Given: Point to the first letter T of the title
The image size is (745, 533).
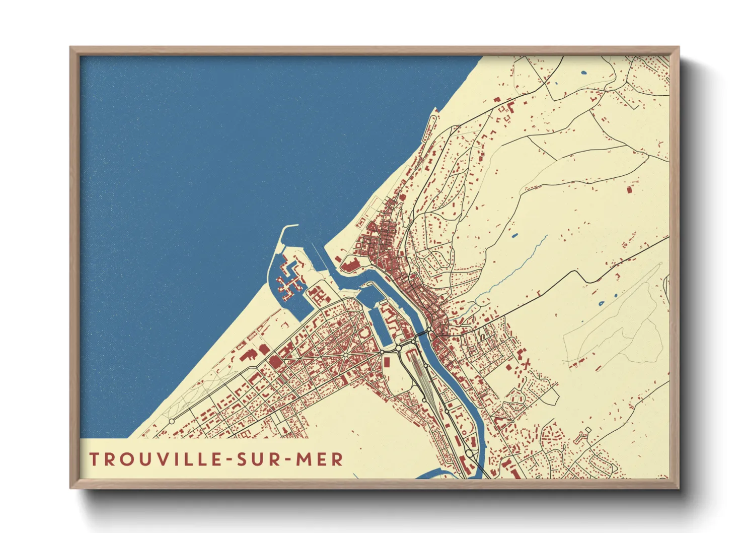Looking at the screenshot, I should click(x=94, y=459).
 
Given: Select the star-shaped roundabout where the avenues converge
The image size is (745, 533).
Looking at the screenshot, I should click(x=346, y=356).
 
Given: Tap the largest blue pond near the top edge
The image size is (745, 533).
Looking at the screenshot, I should click(x=583, y=73).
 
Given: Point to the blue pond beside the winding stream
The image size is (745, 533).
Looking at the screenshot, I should click(x=514, y=235).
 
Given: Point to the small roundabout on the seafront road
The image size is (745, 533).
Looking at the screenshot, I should click(x=171, y=421).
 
